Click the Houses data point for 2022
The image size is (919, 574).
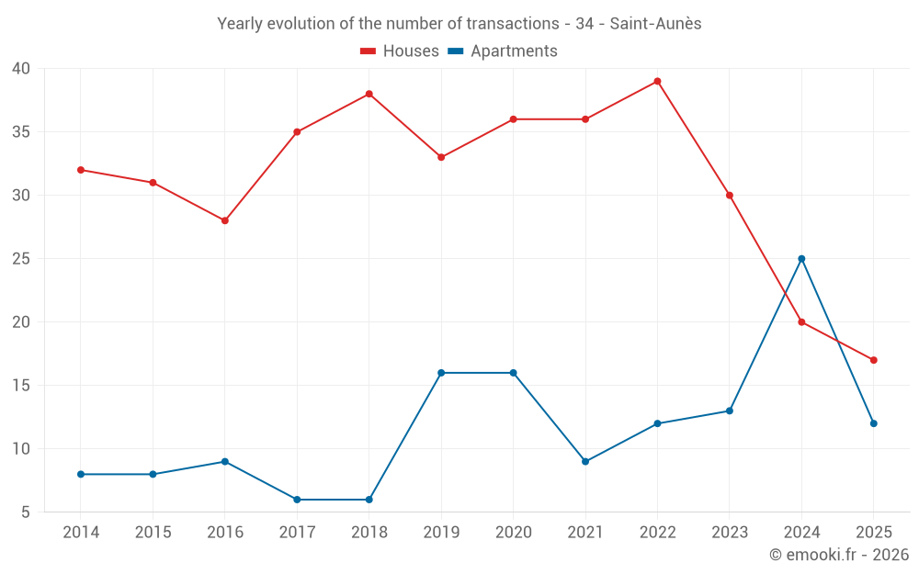(657, 81)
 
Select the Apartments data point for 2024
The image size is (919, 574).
(801, 259)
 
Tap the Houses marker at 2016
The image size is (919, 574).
(224, 220)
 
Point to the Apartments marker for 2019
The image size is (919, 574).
(441, 373)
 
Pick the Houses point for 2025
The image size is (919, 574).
(874, 360)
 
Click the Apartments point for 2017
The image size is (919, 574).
(297, 500)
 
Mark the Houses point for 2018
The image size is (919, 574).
(369, 94)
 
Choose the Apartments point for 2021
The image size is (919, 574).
(585, 461)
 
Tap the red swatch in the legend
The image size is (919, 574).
(369, 51)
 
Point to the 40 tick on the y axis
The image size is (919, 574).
(21, 69)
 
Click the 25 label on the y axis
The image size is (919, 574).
(21, 259)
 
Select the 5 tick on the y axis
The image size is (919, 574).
(26, 512)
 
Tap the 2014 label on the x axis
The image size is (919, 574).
(81, 533)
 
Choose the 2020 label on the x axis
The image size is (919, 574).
(513, 533)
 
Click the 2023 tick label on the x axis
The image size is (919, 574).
(729, 533)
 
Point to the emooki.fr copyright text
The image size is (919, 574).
(839, 555)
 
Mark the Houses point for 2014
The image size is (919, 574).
(81, 170)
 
